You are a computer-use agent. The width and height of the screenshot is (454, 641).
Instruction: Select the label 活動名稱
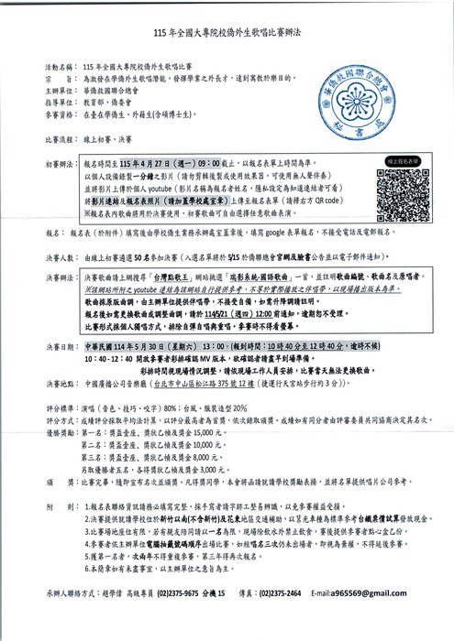tap(58, 69)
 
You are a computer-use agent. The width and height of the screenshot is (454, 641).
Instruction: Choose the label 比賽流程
tap(58, 142)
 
